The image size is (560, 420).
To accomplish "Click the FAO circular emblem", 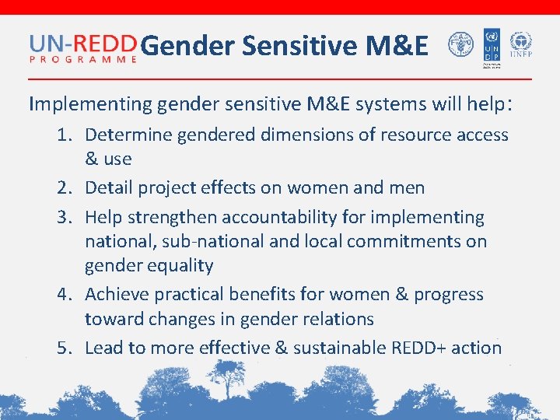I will [x=460, y=47].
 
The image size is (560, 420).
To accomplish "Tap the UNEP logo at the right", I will [x=520, y=45].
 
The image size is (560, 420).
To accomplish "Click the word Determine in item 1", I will [x=128, y=135].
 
